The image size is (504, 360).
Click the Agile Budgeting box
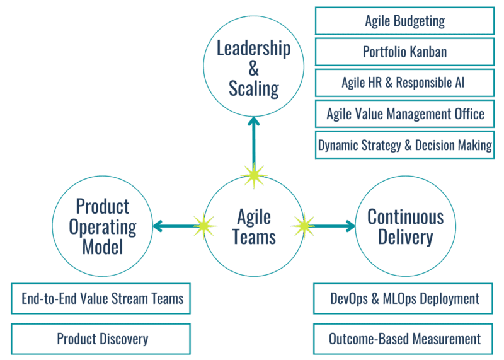point(404,21)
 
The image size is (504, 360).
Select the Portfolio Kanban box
point(404,52)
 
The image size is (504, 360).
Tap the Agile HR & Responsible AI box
point(404,83)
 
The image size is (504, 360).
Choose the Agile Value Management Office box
point(404,114)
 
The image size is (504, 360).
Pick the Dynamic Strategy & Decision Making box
point(404,145)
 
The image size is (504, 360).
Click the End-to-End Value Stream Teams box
point(101,298)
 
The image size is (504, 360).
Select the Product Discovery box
point(101,339)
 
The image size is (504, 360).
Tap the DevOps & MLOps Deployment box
point(404,298)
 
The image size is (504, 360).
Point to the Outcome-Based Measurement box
point(404,339)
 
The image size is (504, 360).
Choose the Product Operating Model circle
point(103,226)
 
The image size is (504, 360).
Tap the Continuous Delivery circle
point(405,226)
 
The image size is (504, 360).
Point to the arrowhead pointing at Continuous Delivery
point(351,225)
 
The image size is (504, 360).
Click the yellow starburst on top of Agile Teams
point(254,175)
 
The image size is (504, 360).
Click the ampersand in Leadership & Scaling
point(254,69)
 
